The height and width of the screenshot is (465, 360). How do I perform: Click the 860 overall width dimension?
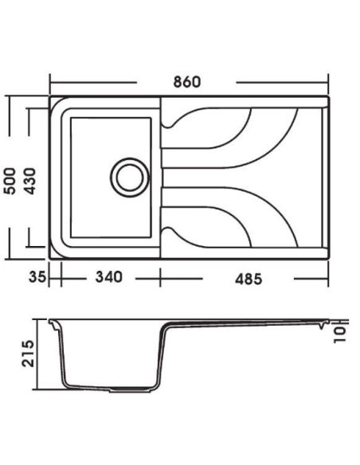click(187, 82)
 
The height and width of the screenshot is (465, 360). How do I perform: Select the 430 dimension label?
click(29, 182)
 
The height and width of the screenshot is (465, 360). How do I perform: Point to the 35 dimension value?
click(37, 277)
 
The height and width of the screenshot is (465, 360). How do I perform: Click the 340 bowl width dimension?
click(108, 277)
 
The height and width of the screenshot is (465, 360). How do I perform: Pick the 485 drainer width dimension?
click(248, 279)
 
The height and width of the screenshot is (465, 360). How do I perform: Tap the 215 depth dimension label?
click(29, 354)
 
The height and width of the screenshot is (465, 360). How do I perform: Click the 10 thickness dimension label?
click(340, 334)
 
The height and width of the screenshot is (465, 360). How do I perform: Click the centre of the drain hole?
click(130, 178)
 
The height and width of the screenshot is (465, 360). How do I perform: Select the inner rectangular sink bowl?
click(111, 178)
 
